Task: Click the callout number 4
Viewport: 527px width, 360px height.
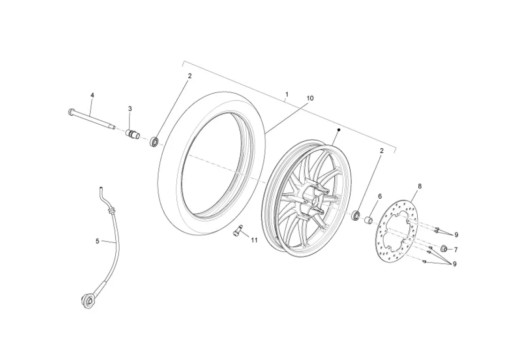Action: [92, 95]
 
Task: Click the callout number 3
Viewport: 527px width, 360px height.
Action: [130, 108]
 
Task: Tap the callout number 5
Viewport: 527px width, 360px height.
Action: [97, 241]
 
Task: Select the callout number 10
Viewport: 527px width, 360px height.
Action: [310, 98]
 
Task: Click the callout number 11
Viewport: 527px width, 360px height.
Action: [254, 240]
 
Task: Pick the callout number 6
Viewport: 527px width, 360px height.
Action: [380, 196]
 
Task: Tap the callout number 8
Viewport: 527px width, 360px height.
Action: [419, 186]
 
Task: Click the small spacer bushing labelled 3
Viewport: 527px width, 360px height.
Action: [132, 135]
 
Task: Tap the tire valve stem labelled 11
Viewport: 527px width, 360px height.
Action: [238, 230]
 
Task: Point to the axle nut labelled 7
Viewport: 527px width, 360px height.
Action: [443, 248]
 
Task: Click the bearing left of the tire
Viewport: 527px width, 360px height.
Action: [155, 142]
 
